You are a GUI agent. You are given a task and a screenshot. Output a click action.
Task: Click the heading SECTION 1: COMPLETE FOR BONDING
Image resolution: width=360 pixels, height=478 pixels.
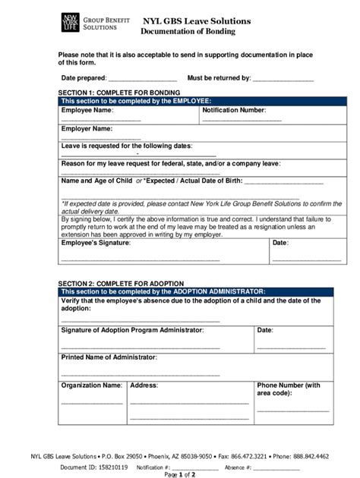[x=119, y=92]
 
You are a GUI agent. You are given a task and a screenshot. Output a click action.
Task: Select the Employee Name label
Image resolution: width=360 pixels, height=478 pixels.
[x=87, y=110]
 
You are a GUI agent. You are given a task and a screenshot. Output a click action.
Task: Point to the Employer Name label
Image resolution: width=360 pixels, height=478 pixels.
[x=87, y=128]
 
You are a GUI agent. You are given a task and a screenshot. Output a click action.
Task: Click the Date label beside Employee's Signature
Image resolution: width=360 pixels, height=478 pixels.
[x=280, y=243]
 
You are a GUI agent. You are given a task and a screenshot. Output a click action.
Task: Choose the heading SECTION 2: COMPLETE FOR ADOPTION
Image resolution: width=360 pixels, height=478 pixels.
[x=121, y=283]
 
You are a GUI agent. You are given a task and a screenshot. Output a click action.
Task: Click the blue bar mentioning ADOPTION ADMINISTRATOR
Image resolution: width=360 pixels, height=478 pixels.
[x=195, y=291]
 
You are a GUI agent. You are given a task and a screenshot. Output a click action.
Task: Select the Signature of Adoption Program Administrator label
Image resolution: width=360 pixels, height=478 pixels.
[x=132, y=330]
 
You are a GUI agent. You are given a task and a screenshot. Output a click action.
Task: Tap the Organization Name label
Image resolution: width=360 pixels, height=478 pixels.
[x=91, y=385]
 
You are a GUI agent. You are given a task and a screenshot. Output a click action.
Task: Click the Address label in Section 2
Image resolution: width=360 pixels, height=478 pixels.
[x=144, y=385]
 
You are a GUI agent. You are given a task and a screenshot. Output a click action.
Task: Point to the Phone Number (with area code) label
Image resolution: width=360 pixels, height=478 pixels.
[x=289, y=389]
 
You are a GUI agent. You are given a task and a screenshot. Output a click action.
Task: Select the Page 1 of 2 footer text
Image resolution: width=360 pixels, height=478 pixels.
[x=179, y=474]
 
